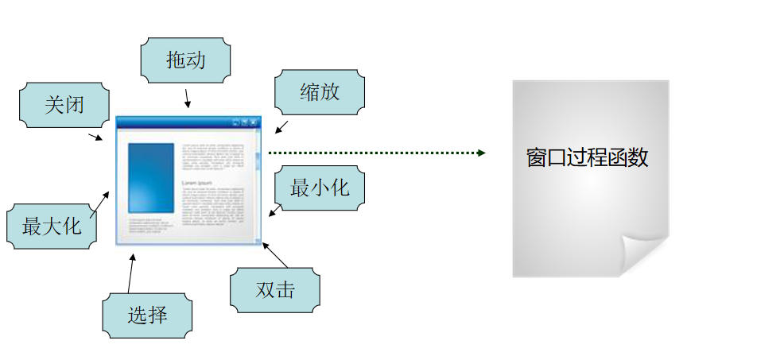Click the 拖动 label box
[186, 60]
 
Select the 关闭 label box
[64, 104]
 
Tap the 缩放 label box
[320, 92]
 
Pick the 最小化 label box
[320, 188]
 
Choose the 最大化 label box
[52, 226]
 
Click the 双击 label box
[275, 290]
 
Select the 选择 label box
[148, 315]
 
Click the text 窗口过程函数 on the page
[587, 157]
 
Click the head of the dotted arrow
[481, 153]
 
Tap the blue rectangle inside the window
[150, 178]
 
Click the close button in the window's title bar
[254, 122]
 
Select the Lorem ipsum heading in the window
[197, 184]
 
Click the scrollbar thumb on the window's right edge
[258, 161]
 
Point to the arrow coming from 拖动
[188, 99]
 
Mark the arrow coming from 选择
[130, 274]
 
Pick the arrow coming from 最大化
[100, 203]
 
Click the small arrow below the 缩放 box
[281, 127]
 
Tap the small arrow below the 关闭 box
[95, 137]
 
